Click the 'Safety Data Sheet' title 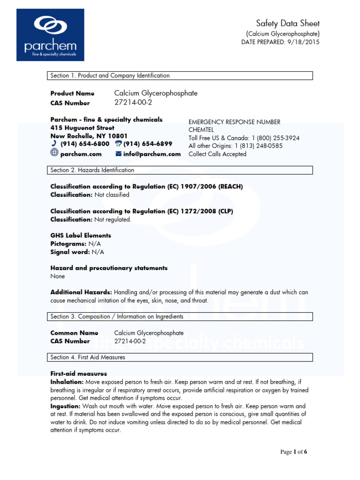point(288,23)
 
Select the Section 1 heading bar point(181,75)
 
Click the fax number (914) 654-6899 point(148,144)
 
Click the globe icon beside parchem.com point(54,154)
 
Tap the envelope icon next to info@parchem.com point(118,154)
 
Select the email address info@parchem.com point(152,154)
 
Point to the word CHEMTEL point(201,130)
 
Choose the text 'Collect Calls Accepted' point(217,154)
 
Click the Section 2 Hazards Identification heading point(181,170)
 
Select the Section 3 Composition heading point(181,317)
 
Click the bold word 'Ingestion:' point(65,406)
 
